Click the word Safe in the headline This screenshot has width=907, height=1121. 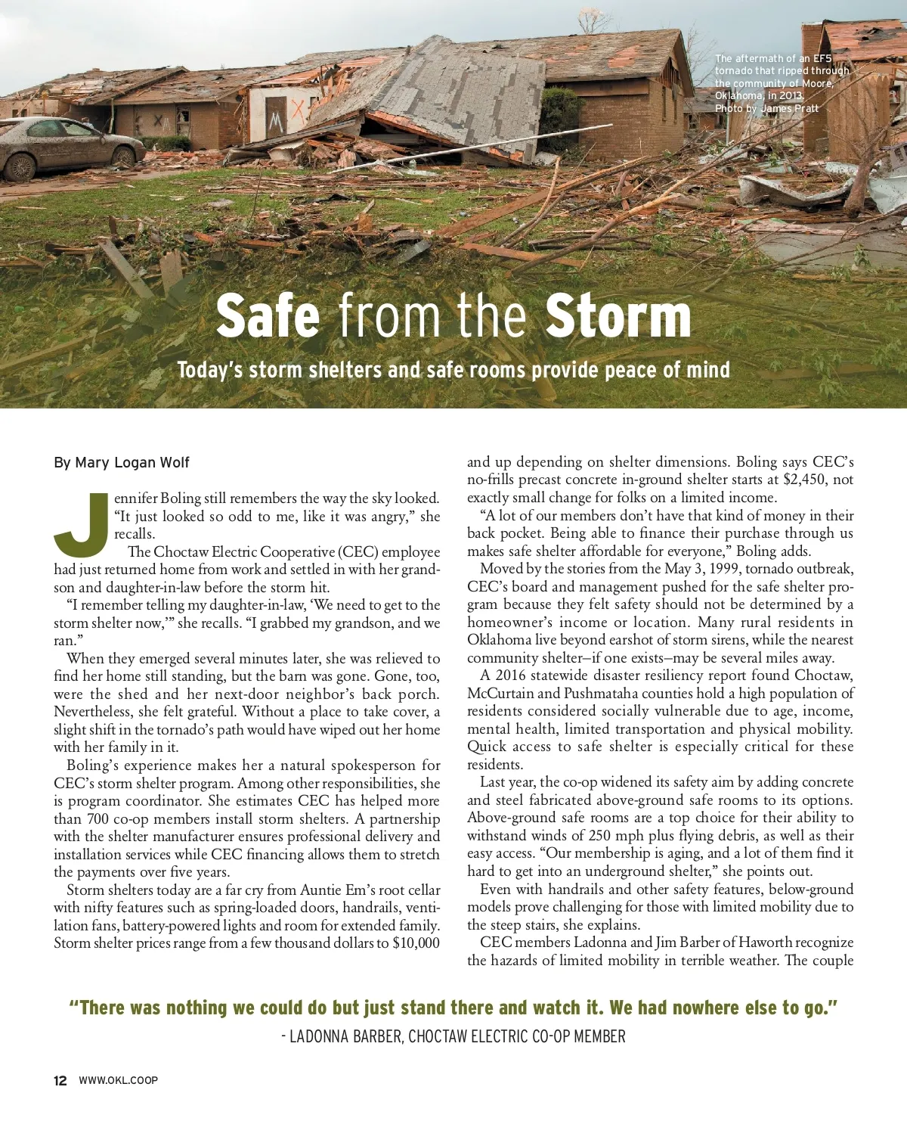coord(268,316)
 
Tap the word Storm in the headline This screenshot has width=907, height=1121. coord(618,316)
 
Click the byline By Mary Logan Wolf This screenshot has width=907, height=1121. coord(122,462)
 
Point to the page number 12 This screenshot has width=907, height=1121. coord(60,1080)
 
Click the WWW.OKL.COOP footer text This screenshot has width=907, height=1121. coord(119,1080)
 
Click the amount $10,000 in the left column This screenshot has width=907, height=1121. coord(416,943)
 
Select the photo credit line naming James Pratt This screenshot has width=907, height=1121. coord(766,109)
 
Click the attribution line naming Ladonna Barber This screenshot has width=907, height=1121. coord(453,1036)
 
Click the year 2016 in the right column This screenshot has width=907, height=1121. coord(511,675)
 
